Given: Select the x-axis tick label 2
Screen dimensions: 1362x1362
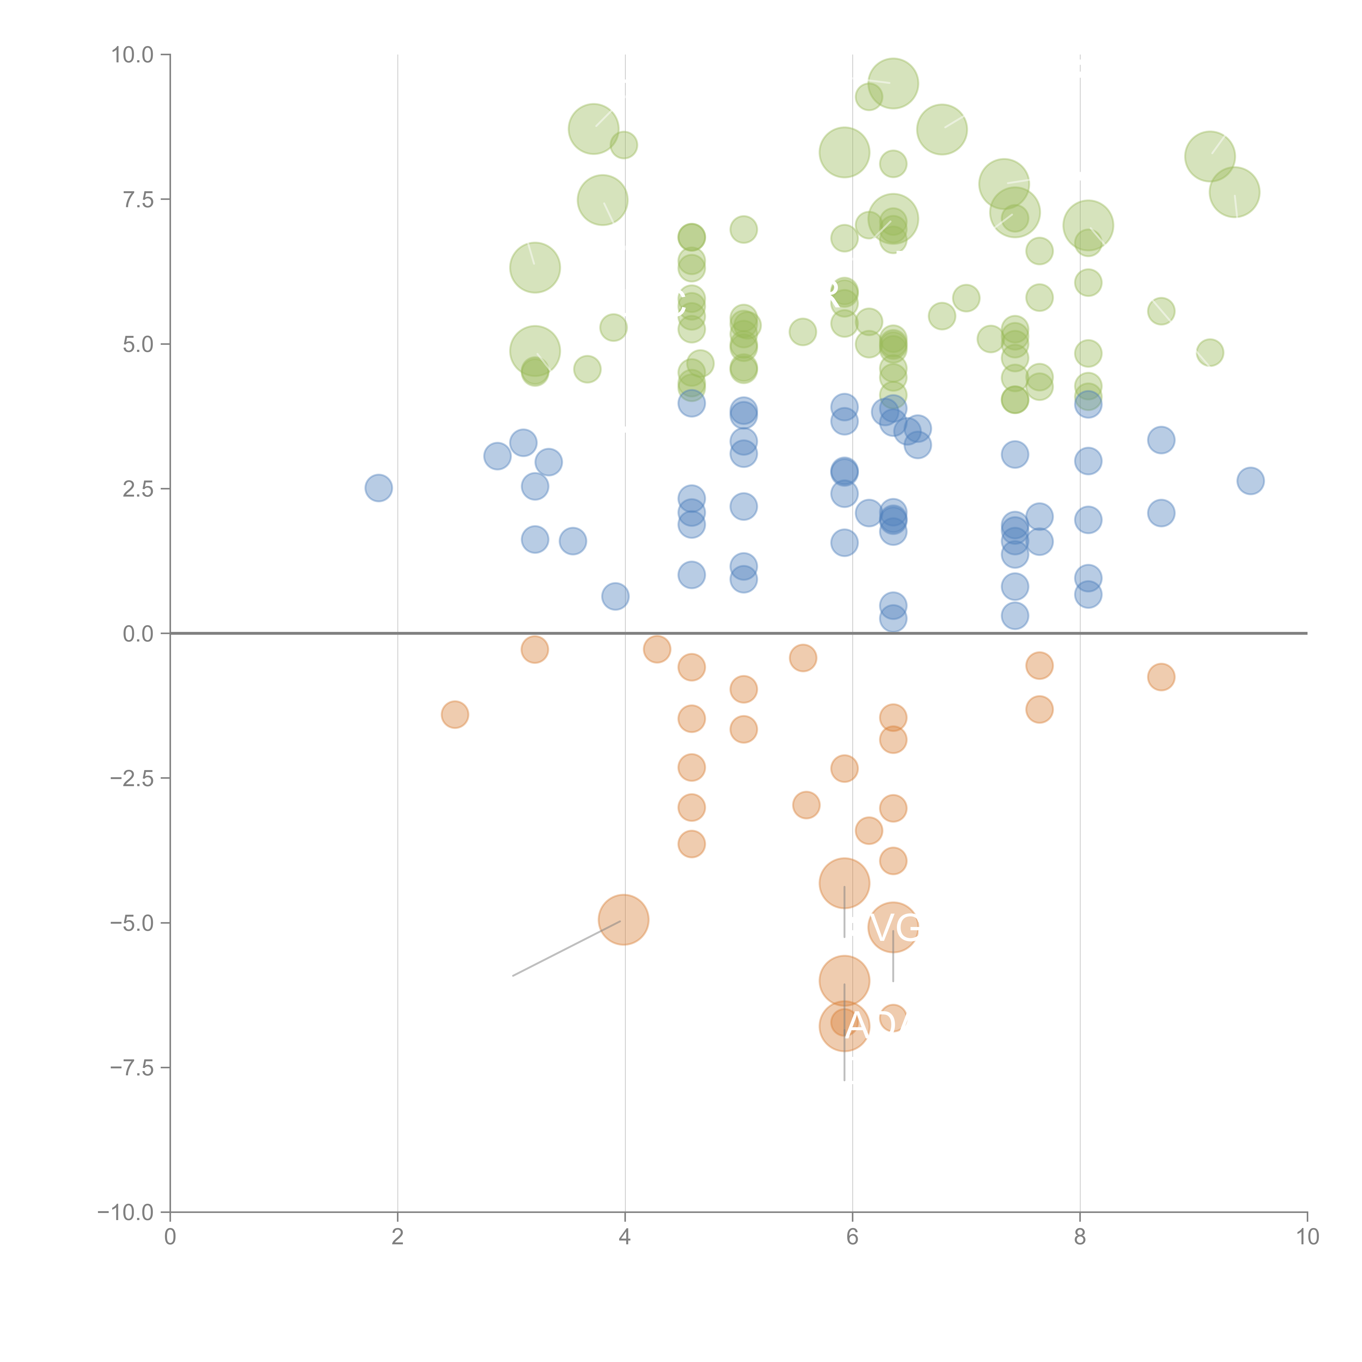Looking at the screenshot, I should (x=398, y=1237).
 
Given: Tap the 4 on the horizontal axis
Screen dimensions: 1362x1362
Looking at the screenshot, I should (x=625, y=1237).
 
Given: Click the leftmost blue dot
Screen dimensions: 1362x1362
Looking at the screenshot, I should (x=379, y=488).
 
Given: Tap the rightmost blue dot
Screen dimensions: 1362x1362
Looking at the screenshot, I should (x=1250, y=481).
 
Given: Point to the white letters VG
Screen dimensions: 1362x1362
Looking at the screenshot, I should (x=894, y=928).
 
